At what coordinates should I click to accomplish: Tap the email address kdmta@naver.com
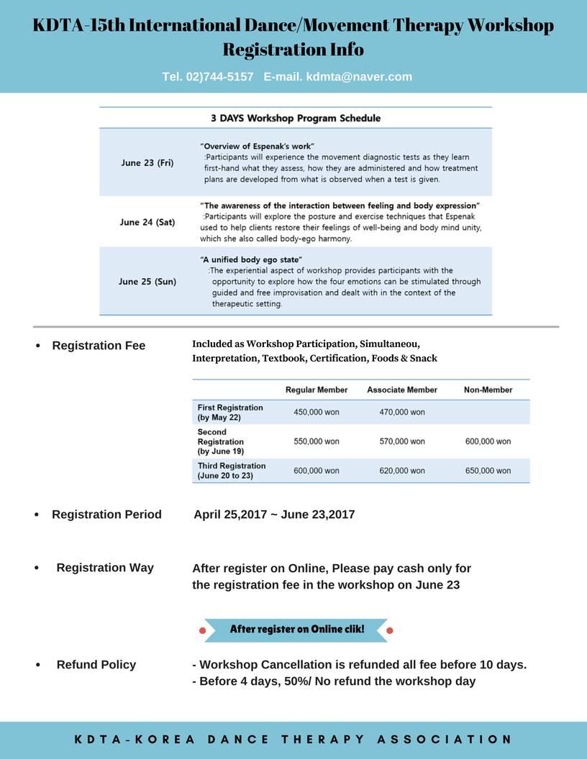tap(358, 77)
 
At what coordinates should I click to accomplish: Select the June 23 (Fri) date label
tap(147, 163)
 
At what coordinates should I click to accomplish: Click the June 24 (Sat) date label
tap(147, 222)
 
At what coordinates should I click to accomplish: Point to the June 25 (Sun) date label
tap(147, 282)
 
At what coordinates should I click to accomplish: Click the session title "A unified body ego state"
tap(251, 259)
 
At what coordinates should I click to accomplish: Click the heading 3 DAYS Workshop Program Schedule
tap(296, 118)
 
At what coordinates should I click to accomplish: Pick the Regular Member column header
tap(317, 390)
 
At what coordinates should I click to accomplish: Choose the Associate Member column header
tap(402, 390)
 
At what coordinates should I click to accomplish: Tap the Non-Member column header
tap(488, 390)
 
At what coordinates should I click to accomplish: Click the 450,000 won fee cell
tap(317, 413)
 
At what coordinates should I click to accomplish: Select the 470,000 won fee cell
tap(402, 413)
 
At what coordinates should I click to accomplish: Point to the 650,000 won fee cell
tap(488, 471)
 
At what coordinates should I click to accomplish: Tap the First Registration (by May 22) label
tap(230, 413)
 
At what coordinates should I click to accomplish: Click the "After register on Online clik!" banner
tap(296, 630)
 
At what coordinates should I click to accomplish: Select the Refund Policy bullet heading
tap(96, 665)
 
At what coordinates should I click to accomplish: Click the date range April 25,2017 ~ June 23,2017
tap(274, 515)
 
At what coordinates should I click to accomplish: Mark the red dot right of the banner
tap(390, 630)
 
